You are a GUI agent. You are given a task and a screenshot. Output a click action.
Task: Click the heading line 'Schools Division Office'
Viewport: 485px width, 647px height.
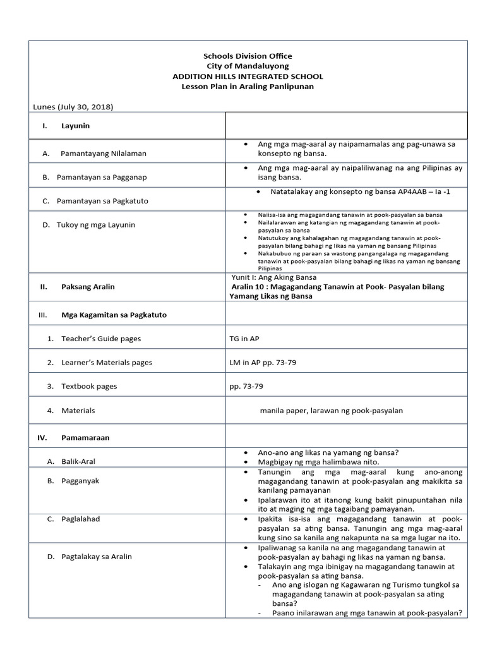[x=247, y=56]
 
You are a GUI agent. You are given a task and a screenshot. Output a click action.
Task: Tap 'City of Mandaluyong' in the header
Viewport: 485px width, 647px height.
[x=247, y=66]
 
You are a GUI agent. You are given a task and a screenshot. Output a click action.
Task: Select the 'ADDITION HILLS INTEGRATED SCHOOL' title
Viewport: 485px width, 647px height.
[x=247, y=76]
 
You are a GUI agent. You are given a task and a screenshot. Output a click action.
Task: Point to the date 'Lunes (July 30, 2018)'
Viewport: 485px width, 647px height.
[x=73, y=107]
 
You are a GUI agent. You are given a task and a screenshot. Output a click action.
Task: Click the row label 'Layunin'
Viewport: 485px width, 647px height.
[x=75, y=126]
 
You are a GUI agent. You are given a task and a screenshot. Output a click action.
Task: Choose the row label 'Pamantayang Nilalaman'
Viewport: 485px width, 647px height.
[x=104, y=153]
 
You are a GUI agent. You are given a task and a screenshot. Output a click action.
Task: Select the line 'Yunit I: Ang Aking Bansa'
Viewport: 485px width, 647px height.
[x=275, y=277]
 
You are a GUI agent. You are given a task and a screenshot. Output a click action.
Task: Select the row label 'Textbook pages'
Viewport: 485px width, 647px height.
[x=89, y=386]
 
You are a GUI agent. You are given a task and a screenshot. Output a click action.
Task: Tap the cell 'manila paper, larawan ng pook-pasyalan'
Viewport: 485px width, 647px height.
[x=331, y=411]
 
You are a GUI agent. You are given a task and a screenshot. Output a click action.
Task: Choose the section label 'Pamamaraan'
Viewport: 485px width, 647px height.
[x=81, y=437]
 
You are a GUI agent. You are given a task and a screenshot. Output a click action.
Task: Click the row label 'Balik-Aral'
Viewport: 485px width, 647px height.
[x=78, y=461]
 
